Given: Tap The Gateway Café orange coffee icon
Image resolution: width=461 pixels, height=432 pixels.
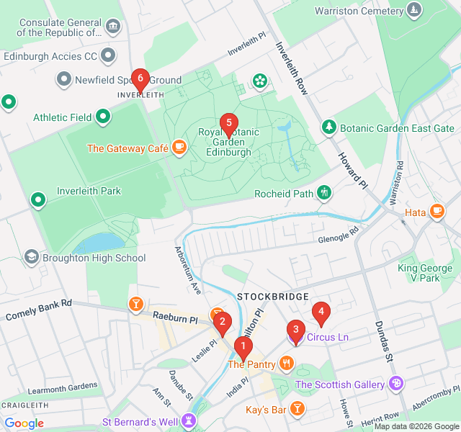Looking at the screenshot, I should pyautogui.click(x=179, y=148).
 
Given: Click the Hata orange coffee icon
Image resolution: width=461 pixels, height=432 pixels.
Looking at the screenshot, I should pyautogui.click(x=437, y=211).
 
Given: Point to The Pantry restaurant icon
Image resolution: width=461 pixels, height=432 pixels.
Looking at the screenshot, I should pyautogui.click(x=287, y=364).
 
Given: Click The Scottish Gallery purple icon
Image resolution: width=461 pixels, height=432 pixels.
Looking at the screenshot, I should pyautogui.click(x=395, y=384).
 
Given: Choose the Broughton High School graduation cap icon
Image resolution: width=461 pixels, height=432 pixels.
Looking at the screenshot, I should pyautogui.click(x=31, y=257).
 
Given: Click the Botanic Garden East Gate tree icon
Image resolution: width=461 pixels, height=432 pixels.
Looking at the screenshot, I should pyautogui.click(x=329, y=127).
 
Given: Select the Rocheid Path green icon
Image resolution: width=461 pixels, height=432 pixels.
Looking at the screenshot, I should pyautogui.click(x=325, y=193).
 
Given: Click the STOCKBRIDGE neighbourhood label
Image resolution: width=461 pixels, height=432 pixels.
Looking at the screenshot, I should pyautogui.click(x=273, y=297).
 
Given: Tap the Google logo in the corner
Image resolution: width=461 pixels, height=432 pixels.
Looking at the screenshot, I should pyautogui.click(x=24, y=423).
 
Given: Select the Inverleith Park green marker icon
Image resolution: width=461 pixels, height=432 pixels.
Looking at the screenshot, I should pyautogui.click(x=38, y=199).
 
